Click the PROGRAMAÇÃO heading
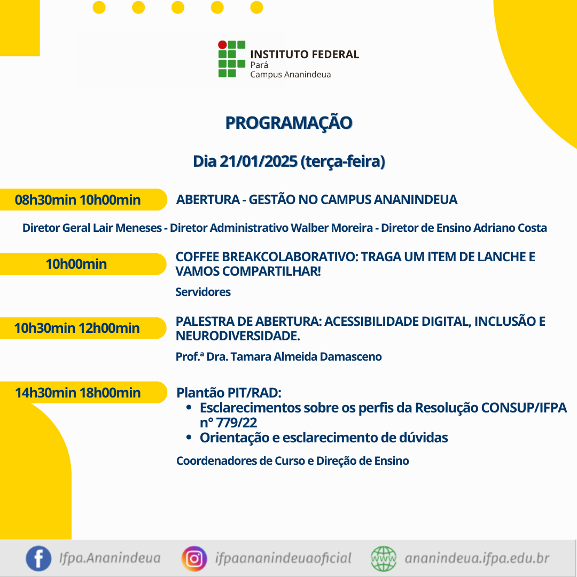pyautogui.click(x=288, y=123)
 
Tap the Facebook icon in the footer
pyautogui.click(x=38, y=558)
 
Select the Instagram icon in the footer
pyautogui.click(x=194, y=559)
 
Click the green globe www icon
pyautogui.click(x=384, y=559)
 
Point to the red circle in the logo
pyautogui.click(x=222, y=45)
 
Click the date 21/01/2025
pyautogui.click(x=259, y=161)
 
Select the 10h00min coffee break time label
pyautogui.click(x=76, y=264)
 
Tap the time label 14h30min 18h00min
pyautogui.click(x=77, y=393)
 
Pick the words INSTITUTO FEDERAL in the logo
pyautogui.click(x=305, y=54)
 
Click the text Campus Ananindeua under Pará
pyautogui.click(x=290, y=75)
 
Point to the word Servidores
pyautogui.click(x=203, y=292)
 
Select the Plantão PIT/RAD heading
pyautogui.click(x=229, y=393)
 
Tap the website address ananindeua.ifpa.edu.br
pyautogui.click(x=477, y=558)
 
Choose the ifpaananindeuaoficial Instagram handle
pyautogui.click(x=283, y=558)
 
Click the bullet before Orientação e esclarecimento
pyautogui.click(x=189, y=437)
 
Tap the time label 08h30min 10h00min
pyautogui.click(x=77, y=200)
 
